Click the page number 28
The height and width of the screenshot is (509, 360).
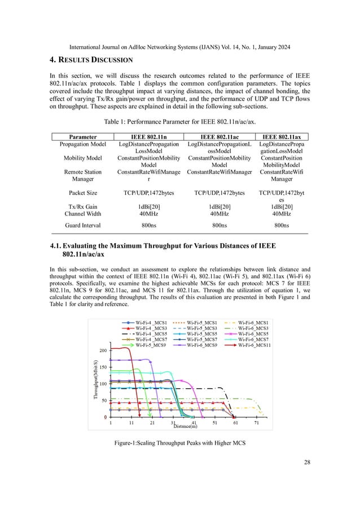(306, 463)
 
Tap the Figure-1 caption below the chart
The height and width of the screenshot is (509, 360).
(180, 448)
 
